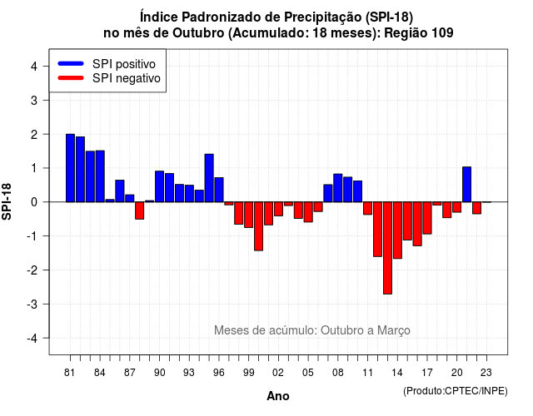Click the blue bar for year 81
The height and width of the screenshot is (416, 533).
click(70, 168)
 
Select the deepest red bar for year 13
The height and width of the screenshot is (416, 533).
click(387, 248)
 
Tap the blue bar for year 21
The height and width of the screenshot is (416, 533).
click(466, 185)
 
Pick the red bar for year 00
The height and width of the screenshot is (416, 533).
click(259, 226)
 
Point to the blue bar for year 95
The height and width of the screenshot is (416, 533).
click(209, 178)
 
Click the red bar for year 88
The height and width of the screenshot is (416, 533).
click(140, 210)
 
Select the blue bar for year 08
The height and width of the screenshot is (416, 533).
click(338, 188)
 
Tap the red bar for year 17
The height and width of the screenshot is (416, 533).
click(427, 218)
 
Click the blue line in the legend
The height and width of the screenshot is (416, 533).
click(71, 63)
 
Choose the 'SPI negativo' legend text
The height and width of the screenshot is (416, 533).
click(127, 78)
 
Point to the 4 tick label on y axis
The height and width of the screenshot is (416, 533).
click(34, 67)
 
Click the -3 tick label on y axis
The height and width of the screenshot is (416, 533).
click(32, 304)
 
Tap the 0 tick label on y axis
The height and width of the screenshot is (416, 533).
click(34, 202)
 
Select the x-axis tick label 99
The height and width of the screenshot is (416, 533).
click(249, 373)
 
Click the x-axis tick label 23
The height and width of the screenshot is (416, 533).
click(486, 373)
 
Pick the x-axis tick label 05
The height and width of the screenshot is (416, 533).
click(308, 373)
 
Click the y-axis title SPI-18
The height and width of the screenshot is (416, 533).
click(7, 201)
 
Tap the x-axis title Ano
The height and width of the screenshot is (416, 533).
click(278, 396)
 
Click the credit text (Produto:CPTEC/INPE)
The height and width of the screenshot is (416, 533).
click(456, 391)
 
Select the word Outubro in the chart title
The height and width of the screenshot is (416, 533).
click(198, 33)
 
